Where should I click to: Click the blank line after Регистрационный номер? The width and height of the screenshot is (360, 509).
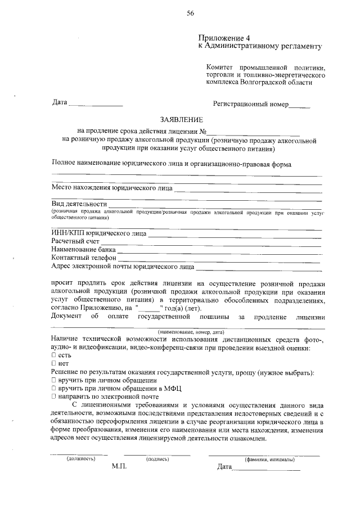point(299,105)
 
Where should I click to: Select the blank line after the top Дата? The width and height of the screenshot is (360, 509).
point(96,105)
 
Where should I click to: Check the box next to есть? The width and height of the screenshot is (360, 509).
point(53,356)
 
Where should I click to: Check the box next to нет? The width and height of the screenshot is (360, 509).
point(53,364)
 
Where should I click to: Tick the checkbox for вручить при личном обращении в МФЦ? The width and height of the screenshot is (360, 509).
point(53,388)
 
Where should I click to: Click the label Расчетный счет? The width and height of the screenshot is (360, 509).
point(75,241)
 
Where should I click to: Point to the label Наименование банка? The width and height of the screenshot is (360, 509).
point(83,249)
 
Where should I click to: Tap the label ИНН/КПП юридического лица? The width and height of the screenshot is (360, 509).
point(98,232)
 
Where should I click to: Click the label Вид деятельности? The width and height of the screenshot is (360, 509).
point(79,203)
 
